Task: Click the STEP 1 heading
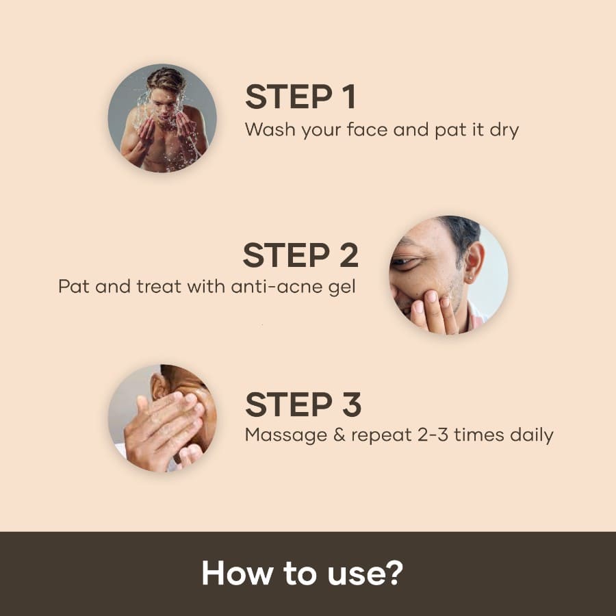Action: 300,97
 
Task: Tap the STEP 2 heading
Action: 300,256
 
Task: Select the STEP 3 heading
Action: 303,405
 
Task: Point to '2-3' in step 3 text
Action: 430,435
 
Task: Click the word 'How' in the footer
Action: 229,574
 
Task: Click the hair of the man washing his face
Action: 166,78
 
